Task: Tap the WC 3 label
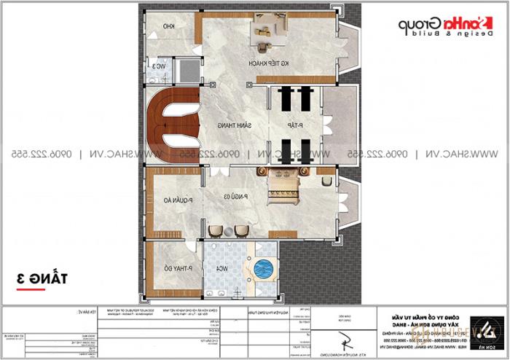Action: click(160, 68)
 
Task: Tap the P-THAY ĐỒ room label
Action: click(165, 269)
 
